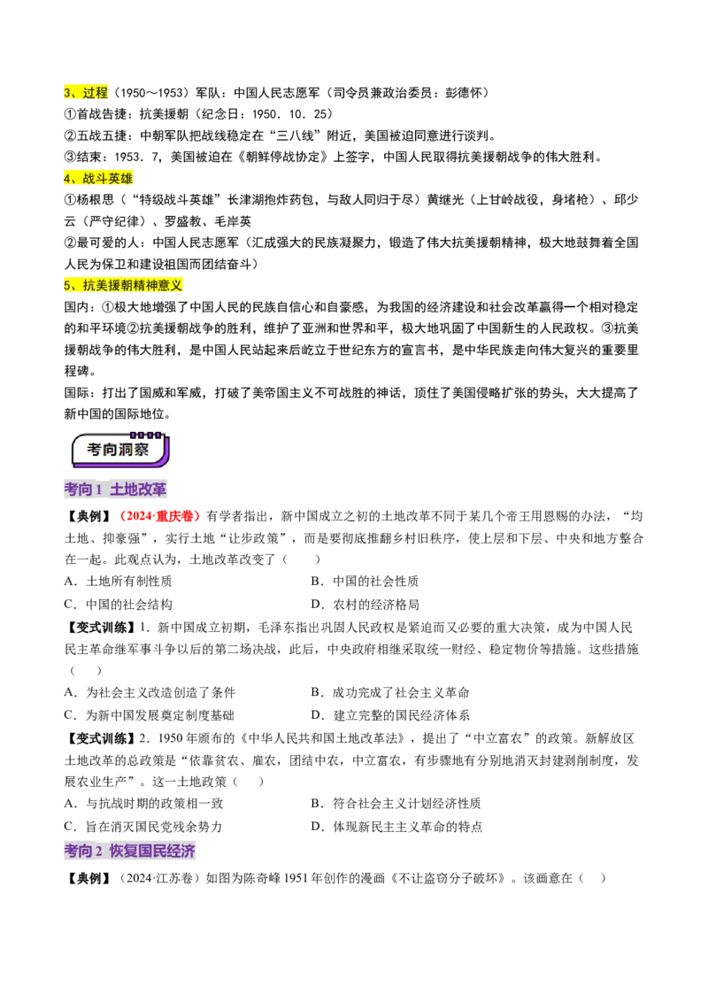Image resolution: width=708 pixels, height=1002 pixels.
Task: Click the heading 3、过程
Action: click(x=87, y=92)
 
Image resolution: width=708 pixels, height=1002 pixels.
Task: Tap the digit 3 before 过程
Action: click(x=67, y=92)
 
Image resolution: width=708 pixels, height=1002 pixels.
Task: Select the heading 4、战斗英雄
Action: click(x=98, y=179)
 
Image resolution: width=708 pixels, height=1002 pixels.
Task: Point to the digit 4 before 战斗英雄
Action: click(x=67, y=179)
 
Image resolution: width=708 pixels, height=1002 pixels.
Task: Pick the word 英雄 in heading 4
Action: click(x=121, y=179)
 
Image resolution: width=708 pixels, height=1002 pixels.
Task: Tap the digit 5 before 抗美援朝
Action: click(x=67, y=285)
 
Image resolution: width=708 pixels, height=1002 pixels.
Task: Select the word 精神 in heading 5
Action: click(x=145, y=285)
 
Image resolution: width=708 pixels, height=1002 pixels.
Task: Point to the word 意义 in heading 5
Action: click(x=170, y=285)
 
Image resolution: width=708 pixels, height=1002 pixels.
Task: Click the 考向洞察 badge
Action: click(x=120, y=450)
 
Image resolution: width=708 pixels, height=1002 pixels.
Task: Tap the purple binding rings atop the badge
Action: click(x=146, y=435)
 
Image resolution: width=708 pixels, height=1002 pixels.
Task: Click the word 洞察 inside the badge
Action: click(x=135, y=451)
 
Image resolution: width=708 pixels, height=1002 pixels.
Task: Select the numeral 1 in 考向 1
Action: click(x=99, y=489)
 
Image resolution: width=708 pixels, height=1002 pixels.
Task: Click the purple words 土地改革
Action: click(x=138, y=489)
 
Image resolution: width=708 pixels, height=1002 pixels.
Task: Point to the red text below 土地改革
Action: click(x=161, y=516)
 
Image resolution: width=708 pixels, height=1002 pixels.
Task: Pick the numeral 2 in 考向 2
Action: click(x=99, y=852)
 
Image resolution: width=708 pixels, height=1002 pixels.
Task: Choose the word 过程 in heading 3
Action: click(x=95, y=92)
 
